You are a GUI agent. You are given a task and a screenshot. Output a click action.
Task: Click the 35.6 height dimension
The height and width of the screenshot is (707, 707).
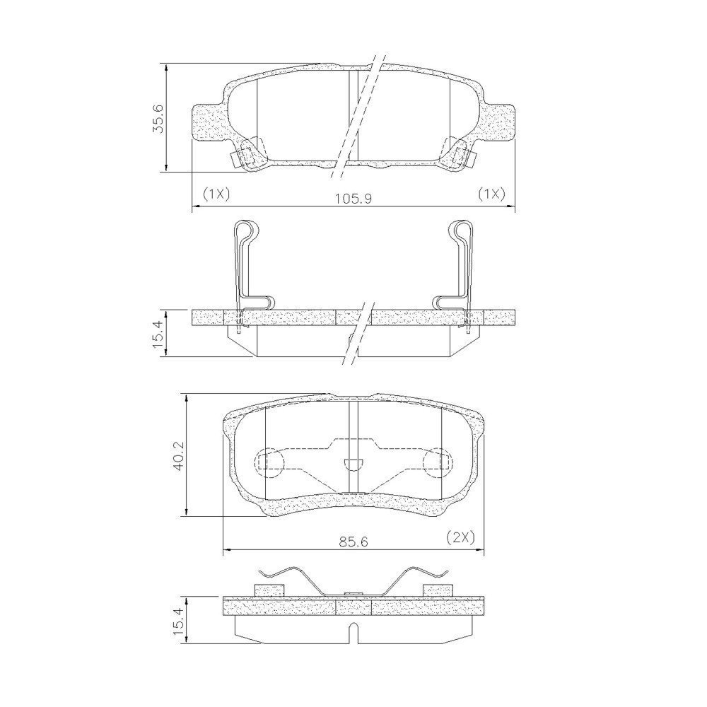coord(158,118)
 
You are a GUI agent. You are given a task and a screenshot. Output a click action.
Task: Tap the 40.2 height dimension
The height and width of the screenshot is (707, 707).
coord(179,455)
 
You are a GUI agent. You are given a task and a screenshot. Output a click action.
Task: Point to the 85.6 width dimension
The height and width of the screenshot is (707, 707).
coord(354,541)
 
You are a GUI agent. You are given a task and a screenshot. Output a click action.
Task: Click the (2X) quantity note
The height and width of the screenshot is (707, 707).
coord(461,537)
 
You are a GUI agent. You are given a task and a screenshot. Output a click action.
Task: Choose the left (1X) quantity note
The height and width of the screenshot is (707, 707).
coord(216,194)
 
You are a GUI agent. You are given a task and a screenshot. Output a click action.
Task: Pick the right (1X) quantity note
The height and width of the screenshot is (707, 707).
coord(491,194)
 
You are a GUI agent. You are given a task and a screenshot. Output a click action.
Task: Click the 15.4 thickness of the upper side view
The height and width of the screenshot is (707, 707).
coord(158,333)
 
